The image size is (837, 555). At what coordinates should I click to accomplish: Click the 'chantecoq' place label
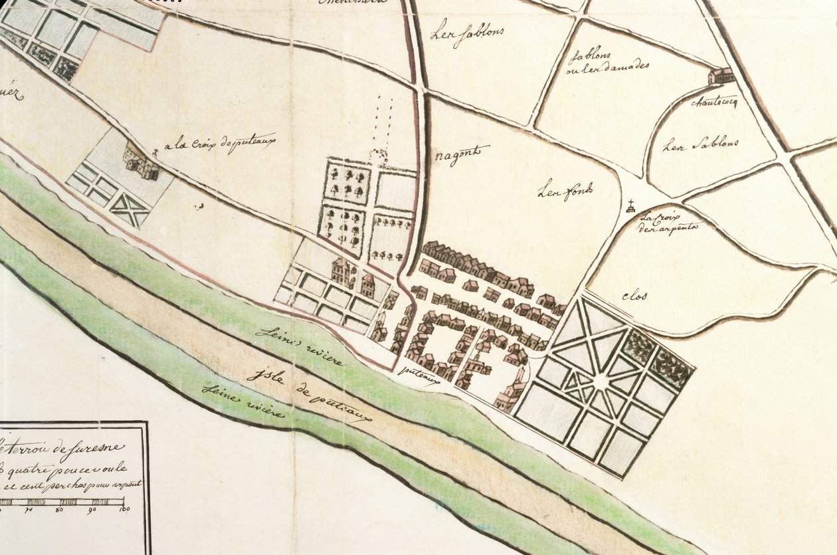click(714, 102)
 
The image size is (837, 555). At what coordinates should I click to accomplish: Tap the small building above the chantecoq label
click(721, 76)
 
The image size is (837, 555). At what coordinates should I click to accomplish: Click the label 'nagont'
click(462, 155)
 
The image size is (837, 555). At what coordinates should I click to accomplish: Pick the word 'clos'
click(634, 296)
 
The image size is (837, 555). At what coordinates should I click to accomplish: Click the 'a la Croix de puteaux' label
click(219, 143)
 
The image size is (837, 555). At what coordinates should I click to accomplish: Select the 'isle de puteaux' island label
click(308, 393)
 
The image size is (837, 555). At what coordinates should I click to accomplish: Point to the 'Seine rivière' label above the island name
click(301, 346)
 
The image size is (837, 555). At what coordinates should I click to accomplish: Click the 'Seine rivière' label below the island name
click(243, 400)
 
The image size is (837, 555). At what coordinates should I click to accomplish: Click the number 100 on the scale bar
click(124, 509)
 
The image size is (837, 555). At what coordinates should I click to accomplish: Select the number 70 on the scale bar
click(29, 509)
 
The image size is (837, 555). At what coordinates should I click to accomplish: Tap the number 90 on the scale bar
click(91, 509)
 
